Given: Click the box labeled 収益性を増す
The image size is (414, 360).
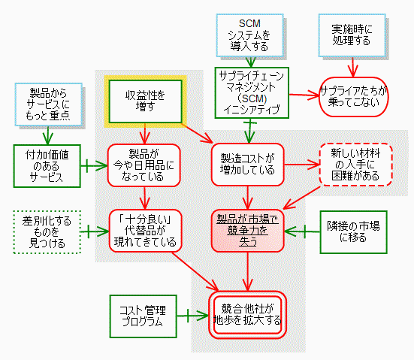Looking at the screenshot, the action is click(x=146, y=101).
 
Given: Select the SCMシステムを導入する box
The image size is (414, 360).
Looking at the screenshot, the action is click(x=249, y=35).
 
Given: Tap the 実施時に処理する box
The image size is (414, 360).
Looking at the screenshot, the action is click(x=352, y=35).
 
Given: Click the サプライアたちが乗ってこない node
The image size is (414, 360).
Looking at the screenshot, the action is click(x=354, y=97).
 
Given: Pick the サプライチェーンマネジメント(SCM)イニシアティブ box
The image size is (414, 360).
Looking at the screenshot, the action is click(x=252, y=92).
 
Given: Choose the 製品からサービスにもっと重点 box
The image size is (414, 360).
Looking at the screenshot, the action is click(x=49, y=104).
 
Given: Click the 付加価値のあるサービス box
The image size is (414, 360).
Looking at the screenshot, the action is click(x=47, y=166).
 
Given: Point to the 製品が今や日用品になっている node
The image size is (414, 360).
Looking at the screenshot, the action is click(x=144, y=165).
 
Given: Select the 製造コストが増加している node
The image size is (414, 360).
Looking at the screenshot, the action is click(x=248, y=165).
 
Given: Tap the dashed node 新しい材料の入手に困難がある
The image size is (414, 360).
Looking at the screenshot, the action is click(x=355, y=165).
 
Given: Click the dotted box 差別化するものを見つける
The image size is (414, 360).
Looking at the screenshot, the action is click(x=47, y=232).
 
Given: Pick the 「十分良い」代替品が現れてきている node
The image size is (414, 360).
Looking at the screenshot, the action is click(x=146, y=231).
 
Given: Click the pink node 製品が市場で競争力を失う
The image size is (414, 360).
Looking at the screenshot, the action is click(x=248, y=231).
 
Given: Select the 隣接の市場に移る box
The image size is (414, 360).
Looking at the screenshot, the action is click(x=354, y=232).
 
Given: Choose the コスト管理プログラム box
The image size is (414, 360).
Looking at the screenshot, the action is click(x=143, y=316).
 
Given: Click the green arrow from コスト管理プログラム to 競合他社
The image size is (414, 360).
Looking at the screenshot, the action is click(x=192, y=316).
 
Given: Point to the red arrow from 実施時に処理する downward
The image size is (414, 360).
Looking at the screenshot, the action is click(x=352, y=67).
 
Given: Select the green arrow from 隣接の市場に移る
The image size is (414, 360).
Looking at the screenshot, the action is click(x=302, y=231).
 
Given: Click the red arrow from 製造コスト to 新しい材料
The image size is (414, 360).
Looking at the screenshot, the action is click(x=302, y=165).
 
